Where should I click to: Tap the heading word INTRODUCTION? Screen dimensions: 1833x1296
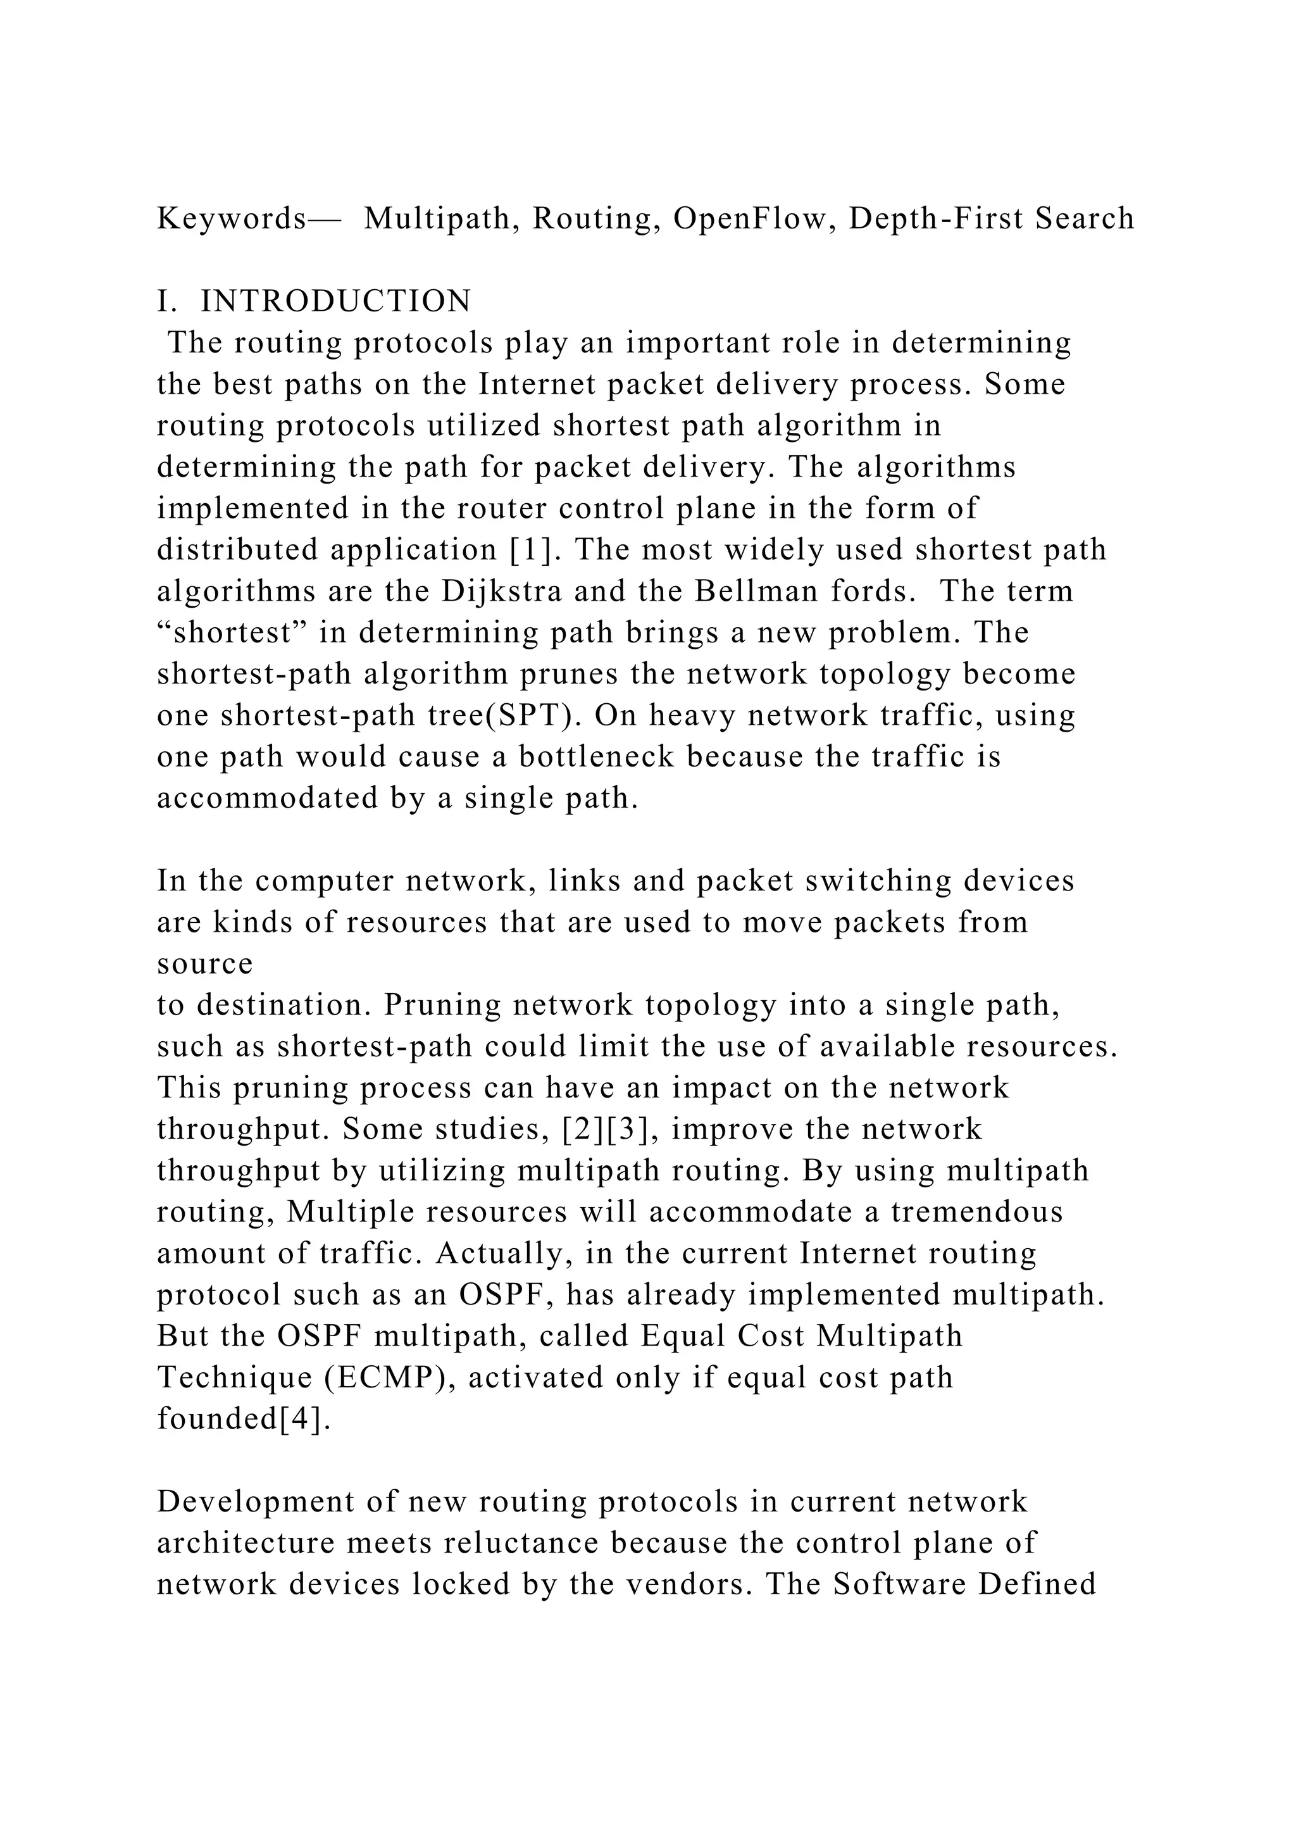(336, 302)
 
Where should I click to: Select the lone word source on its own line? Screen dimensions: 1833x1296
(204, 963)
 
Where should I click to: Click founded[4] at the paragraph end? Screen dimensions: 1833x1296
(244, 1418)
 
